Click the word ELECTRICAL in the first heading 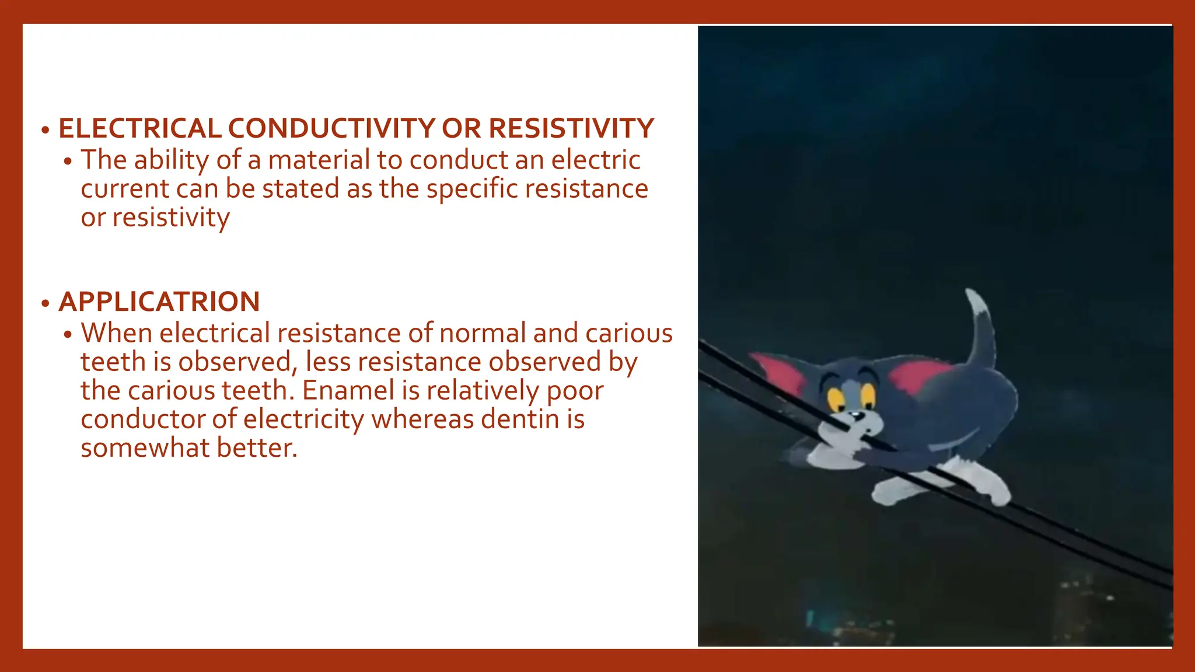[139, 128]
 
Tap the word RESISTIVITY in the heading [571, 128]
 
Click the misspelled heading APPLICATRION [159, 302]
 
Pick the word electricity [303, 419]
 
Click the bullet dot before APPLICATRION [46, 303]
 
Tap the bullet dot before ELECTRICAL [46, 130]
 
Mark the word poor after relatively [575, 390]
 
